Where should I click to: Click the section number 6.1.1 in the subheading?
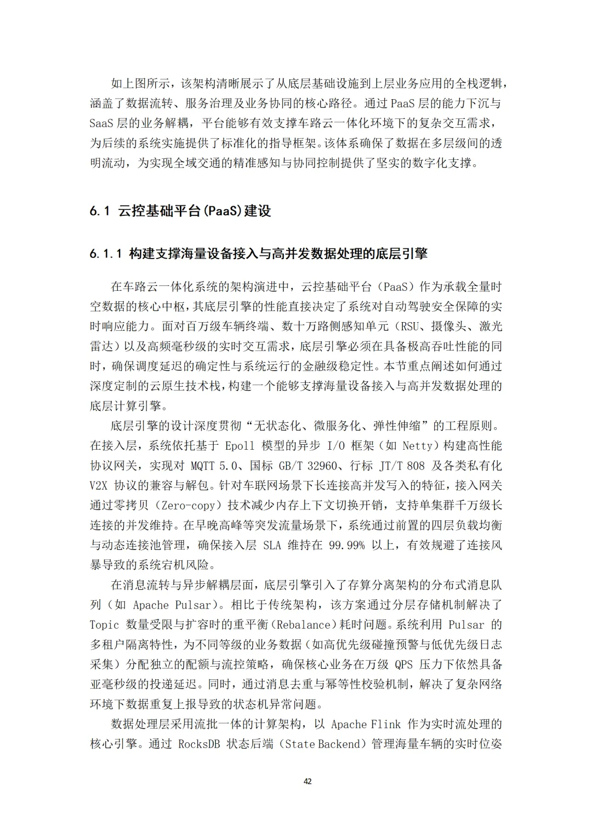pyautogui.click(x=106, y=254)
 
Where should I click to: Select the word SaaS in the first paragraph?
pyautogui.click(x=101, y=123)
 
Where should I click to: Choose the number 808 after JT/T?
pyautogui.click(x=415, y=466)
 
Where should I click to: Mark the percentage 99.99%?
pyautogui.click(x=346, y=546)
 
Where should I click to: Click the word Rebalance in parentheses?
pyautogui.click(x=303, y=625)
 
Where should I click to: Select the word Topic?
pyautogui.click(x=104, y=625)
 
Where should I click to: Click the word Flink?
pyautogui.click(x=386, y=724)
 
